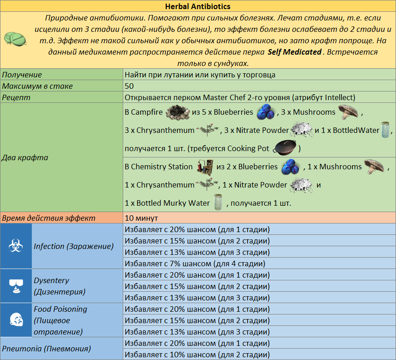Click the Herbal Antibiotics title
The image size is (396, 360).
coord(198,6)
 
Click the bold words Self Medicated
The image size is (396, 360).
coord(294,52)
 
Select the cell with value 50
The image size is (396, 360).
coord(129,86)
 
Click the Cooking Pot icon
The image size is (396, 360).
coord(286,148)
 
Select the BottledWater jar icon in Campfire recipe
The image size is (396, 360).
coord(386,130)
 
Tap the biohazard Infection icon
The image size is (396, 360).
coord(15,246)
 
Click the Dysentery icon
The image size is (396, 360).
coord(15,286)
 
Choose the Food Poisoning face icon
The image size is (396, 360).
coord(15,320)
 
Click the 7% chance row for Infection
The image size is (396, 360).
coord(195,263)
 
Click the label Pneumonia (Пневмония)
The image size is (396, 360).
coord(46,349)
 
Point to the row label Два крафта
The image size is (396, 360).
coord(25,157)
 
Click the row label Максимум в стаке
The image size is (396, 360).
coord(37,86)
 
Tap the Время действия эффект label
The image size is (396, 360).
coord(49,218)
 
